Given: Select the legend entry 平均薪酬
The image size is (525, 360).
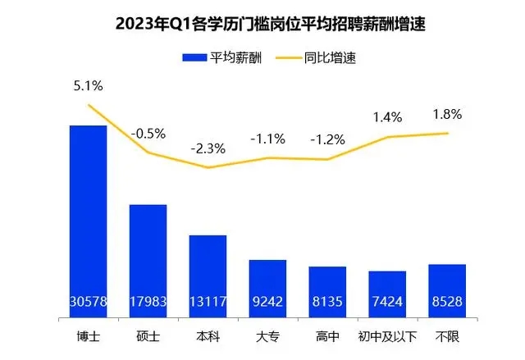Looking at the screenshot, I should tap(222, 58).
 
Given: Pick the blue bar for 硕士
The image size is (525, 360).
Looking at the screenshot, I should tap(148, 254).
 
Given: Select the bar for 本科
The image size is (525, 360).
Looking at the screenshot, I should tap(208, 271).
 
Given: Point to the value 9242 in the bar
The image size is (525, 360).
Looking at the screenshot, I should tap(267, 302).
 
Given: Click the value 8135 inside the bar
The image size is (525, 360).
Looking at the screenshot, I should tap(327, 302).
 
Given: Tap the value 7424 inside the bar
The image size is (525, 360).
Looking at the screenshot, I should tap(387, 302).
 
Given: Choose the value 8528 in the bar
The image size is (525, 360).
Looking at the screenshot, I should tap(447, 302).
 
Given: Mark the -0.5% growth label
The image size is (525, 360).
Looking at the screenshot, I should tap(148, 132).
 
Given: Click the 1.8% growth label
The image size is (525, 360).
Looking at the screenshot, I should tap(447, 114).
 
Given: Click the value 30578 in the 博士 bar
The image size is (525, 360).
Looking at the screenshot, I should tap(88, 302).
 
